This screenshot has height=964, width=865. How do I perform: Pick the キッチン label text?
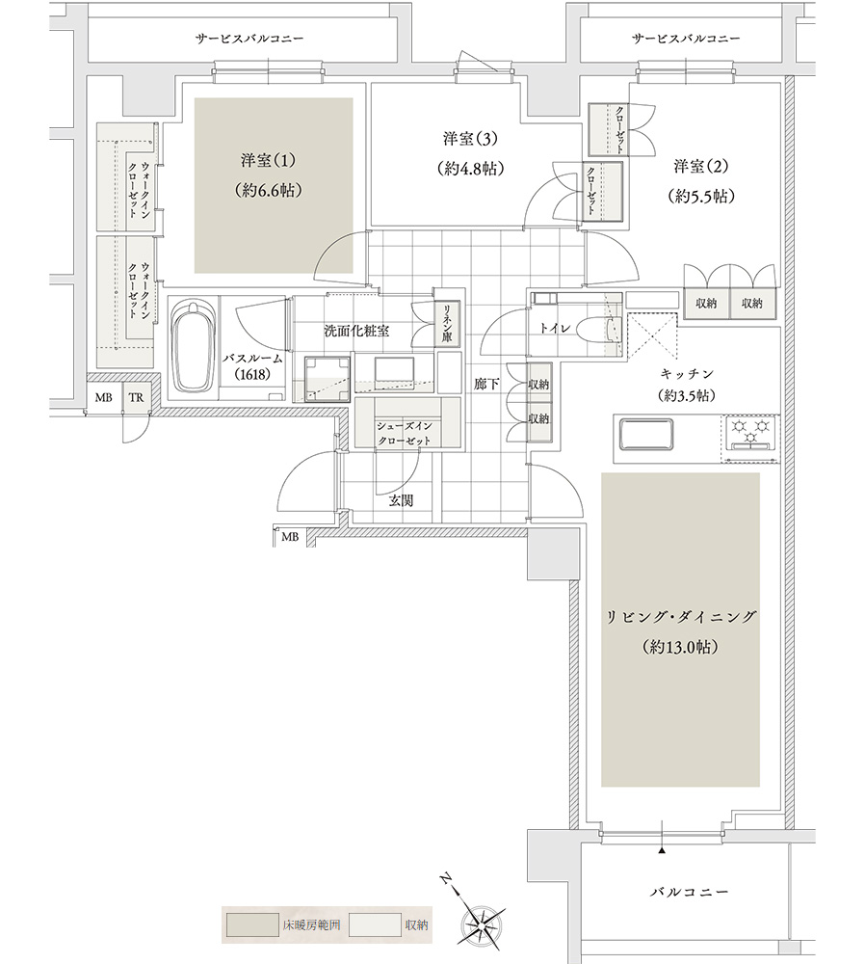(x=687, y=371)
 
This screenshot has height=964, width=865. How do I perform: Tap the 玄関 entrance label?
(x=402, y=501)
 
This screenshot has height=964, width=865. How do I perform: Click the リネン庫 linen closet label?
(x=448, y=324)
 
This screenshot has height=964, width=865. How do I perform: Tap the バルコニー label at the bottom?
(x=688, y=893)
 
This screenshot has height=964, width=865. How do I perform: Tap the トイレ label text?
(x=556, y=328)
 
